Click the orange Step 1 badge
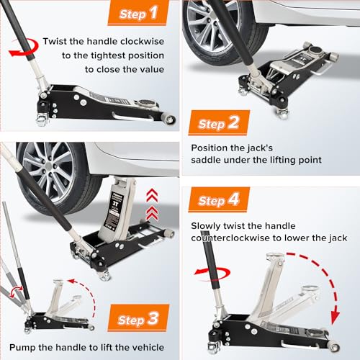(138, 12)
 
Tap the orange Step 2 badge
(219, 123)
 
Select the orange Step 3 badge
(138, 318)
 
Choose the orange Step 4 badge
(219, 199)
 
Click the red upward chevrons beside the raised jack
(152, 204)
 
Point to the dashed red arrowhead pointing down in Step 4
(335, 318)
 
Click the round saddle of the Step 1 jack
(146, 103)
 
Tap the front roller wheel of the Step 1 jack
(170, 119)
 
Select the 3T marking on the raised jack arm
(116, 204)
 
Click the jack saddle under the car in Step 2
(315, 51)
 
